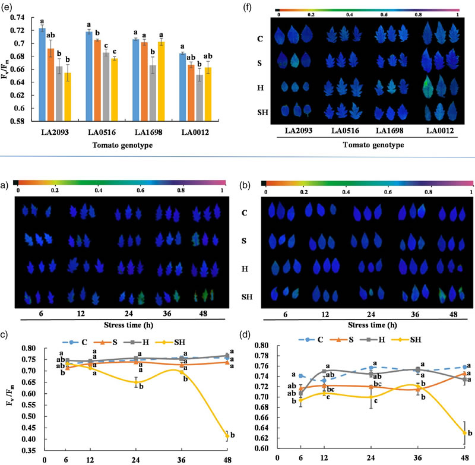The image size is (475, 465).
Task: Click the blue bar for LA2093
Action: click(42, 74)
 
